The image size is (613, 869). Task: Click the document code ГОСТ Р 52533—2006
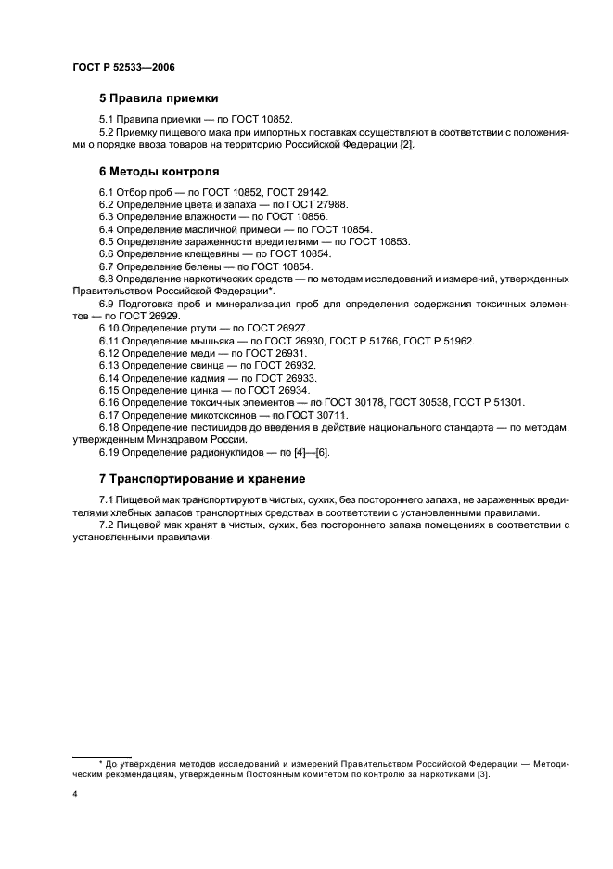pyautogui.click(x=122, y=68)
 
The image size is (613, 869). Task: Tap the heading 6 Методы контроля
pyautogui.click(x=159, y=172)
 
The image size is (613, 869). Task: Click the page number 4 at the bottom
pyautogui.click(x=74, y=795)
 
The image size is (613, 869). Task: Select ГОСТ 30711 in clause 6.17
pyautogui.click(x=314, y=415)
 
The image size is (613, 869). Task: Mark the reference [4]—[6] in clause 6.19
pyautogui.click(x=309, y=452)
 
